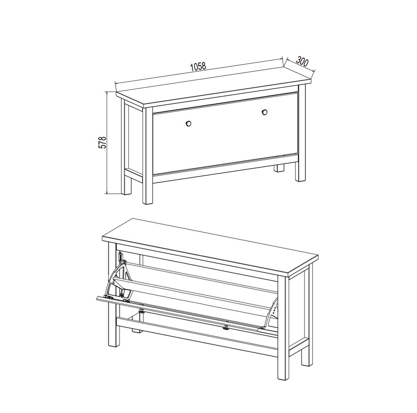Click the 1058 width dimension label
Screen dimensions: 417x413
(198, 66)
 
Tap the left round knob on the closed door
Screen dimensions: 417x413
(188, 124)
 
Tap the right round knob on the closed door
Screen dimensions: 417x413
(264, 112)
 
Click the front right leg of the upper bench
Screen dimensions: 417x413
(301, 133)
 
